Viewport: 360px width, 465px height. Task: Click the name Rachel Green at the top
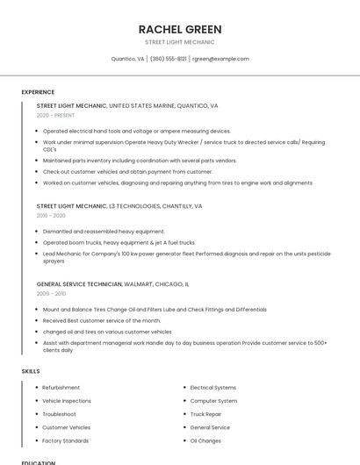click(180, 29)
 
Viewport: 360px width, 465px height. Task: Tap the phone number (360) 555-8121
click(168, 59)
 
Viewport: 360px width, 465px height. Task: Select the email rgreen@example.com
click(221, 59)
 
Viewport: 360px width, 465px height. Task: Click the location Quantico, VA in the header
click(128, 59)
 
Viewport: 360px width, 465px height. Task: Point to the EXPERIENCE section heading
click(38, 92)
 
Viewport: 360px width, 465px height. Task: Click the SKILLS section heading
click(31, 371)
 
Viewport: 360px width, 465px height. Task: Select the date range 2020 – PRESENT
click(56, 115)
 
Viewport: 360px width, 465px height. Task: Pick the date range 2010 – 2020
click(51, 215)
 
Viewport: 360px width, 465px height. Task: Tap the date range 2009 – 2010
click(51, 294)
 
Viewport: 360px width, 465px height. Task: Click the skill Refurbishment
click(61, 388)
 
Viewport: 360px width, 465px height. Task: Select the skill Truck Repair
click(205, 414)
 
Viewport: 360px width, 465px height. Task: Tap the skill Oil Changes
click(205, 440)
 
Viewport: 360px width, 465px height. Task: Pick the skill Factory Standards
click(66, 440)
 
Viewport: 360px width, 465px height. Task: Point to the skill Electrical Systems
click(213, 388)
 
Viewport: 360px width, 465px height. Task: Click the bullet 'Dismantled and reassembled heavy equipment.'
click(104, 232)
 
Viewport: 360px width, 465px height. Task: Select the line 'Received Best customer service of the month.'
click(102, 321)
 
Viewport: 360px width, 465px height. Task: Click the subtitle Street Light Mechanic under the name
click(180, 42)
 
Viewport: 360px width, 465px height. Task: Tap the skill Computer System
click(213, 401)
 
